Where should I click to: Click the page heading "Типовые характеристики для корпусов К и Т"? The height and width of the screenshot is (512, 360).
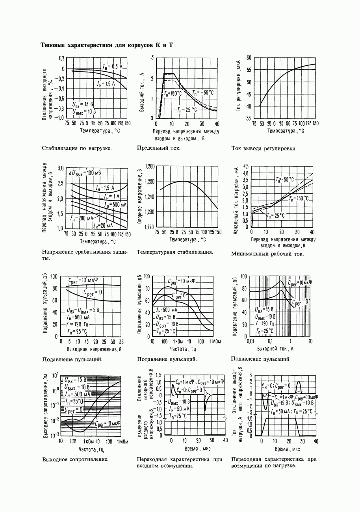(107, 45)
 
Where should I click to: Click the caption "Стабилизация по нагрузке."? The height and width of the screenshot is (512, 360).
(76, 148)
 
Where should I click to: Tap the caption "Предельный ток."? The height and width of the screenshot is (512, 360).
(158, 148)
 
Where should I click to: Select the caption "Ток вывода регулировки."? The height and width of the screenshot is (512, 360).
(264, 148)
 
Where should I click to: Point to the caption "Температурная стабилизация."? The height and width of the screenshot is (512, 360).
(175, 252)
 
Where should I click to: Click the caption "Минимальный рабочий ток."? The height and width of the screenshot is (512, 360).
(267, 254)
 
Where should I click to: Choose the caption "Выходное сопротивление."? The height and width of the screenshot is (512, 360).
(75, 459)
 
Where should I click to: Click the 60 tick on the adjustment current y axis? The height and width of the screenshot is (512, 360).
(249, 58)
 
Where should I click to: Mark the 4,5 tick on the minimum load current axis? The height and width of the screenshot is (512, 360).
(246, 166)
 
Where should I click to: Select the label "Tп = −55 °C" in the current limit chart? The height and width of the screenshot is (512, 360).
(203, 93)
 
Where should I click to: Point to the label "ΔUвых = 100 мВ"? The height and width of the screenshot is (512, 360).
(85, 173)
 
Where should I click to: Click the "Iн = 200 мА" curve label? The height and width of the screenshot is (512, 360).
(82, 218)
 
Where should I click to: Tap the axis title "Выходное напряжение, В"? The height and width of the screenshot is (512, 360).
(94, 349)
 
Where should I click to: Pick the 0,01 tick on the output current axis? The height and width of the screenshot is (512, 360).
(250, 341)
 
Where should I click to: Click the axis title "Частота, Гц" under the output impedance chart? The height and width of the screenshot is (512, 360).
(91, 449)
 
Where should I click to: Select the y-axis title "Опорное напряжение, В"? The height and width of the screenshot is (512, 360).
(139, 197)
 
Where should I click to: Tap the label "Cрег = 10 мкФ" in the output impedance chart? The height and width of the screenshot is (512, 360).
(108, 423)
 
